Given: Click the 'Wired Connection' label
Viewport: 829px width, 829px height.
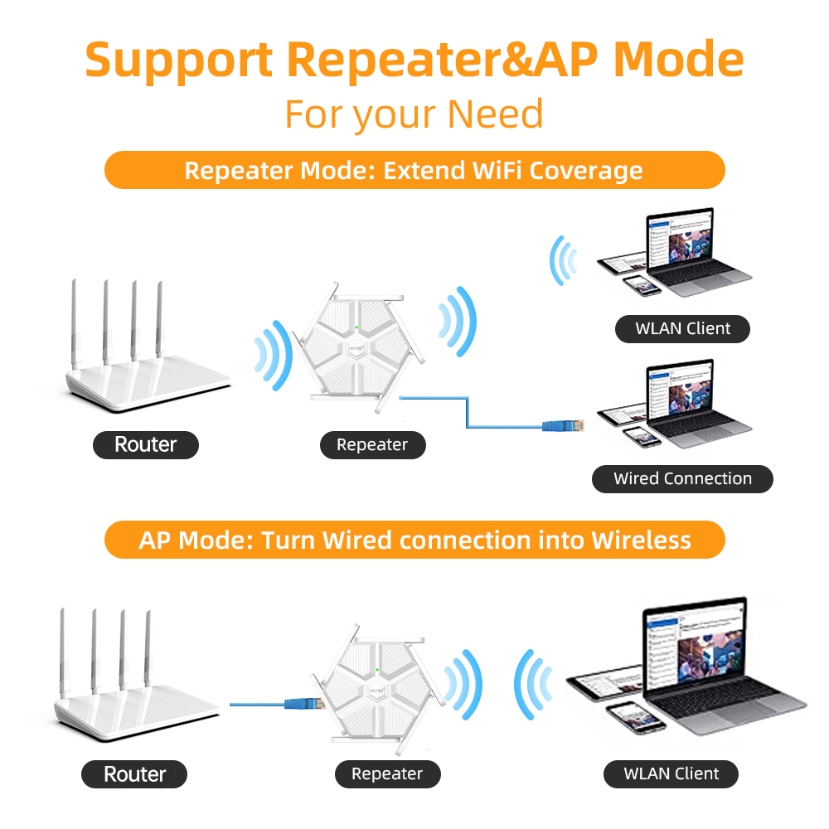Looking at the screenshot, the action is point(682,478).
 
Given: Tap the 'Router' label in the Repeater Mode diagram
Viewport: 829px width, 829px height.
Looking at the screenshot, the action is point(145,444).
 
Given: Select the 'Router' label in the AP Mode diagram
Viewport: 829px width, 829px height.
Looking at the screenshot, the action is point(134,774).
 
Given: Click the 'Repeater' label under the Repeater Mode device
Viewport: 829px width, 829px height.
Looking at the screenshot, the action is point(373,444).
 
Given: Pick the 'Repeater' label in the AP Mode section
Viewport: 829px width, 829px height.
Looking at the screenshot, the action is point(387,774).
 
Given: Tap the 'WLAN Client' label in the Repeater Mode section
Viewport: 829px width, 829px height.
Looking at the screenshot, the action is point(682,329).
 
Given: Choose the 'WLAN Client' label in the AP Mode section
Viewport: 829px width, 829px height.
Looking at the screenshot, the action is point(671,774).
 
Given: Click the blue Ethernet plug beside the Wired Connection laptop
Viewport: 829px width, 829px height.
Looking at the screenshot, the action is point(563,425).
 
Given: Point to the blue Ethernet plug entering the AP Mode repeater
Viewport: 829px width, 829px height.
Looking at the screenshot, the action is point(304,704).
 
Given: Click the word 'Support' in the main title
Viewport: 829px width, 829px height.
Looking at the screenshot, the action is point(179,61).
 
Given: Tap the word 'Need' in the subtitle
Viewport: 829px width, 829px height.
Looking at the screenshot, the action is point(495,114).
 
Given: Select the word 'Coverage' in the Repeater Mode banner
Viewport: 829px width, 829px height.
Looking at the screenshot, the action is point(586,171).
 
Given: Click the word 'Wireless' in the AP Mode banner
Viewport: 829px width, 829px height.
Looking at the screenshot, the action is point(642,541).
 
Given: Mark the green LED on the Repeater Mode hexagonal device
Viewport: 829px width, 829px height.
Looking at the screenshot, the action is point(356,327).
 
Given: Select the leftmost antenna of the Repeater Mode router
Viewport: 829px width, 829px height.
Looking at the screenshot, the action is point(75,325).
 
